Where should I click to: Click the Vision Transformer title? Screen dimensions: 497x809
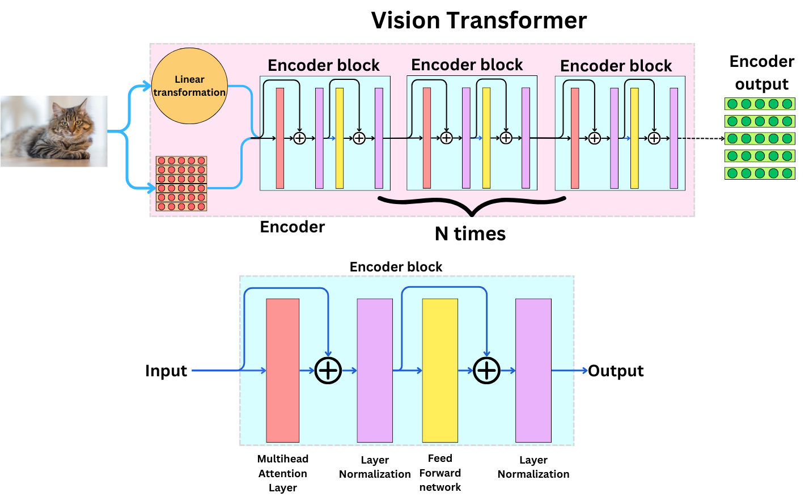click(x=478, y=20)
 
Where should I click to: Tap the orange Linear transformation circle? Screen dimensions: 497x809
click(x=189, y=86)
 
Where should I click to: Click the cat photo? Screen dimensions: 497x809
click(x=54, y=131)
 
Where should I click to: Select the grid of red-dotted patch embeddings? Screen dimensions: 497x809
click(x=181, y=184)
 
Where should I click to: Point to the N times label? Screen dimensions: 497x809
click(x=470, y=233)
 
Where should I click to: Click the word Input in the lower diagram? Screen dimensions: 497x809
click(x=166, y=371)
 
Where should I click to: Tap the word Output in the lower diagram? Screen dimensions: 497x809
click(x=616, y=371)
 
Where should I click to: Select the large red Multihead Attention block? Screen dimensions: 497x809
click(x=282, y=370)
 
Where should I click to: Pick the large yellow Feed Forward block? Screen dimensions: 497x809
click(x=439, y=370)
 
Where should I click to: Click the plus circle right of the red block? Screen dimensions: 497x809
click(x=328, y=371)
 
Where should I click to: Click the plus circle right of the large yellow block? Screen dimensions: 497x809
click(x=486, y=371)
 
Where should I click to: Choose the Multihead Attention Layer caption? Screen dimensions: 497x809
click(x=282, y=473)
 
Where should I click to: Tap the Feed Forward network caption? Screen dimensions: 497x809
click(x=440, y=473)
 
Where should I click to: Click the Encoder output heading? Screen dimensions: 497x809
click(x=761, y=73)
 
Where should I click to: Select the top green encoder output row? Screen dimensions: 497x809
click(x=760, y=104)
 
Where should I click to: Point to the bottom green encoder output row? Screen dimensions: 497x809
click(x=760, y=173)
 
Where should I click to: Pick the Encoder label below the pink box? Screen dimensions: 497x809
click(x=292, y=227)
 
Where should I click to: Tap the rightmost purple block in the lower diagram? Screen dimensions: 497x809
click(x=533, y=370)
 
